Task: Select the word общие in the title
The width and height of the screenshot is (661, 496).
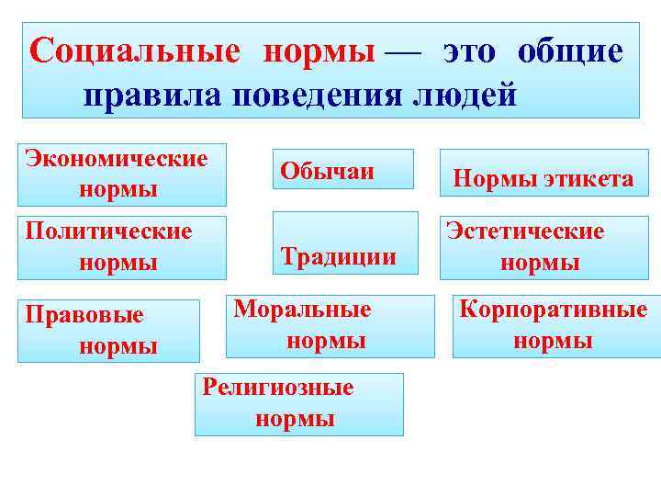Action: coord(569,51)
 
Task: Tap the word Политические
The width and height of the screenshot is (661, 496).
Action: coord(108,230)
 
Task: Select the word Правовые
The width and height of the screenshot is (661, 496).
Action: coord(84,315)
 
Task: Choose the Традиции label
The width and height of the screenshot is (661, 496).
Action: coord(338,255)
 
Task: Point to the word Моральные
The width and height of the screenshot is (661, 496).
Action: coord(302,309)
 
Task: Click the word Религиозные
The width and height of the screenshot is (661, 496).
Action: coord(277,387)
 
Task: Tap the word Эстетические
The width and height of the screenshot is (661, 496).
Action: coord(525,231)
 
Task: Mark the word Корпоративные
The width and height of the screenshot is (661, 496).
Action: coord(553,309)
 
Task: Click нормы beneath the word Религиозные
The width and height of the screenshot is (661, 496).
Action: coord(294,420)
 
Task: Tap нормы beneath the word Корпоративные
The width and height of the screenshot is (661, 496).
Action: coord(553,342)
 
